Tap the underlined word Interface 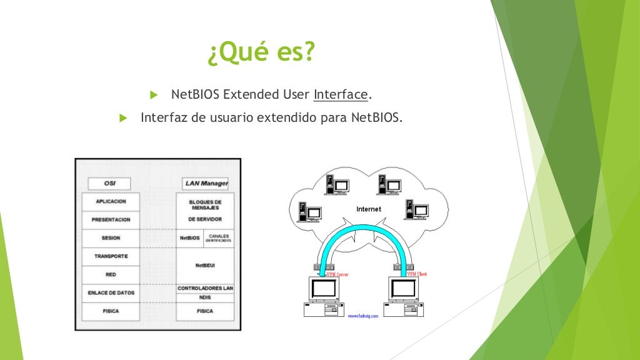[x=341, y=95]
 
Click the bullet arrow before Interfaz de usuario [x=122, y=117]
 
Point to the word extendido [x=288, y=117]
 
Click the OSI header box [x=109, y=184]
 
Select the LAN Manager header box [x=206, y=184]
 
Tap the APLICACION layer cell [x=111, y=202]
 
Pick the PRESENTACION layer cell [x=111, y=220]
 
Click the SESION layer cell [x=111, y=238]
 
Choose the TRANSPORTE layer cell [x=111, y=256]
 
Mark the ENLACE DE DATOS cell [x=111, y=292]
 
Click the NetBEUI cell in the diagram [x=205, y=266]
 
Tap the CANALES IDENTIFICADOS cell [x=219, y=238]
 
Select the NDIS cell [x=205, y=298]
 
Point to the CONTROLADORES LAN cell [x=205, y=288]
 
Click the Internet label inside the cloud [x=368, y=209]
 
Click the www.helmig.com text [x=363, y=316]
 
